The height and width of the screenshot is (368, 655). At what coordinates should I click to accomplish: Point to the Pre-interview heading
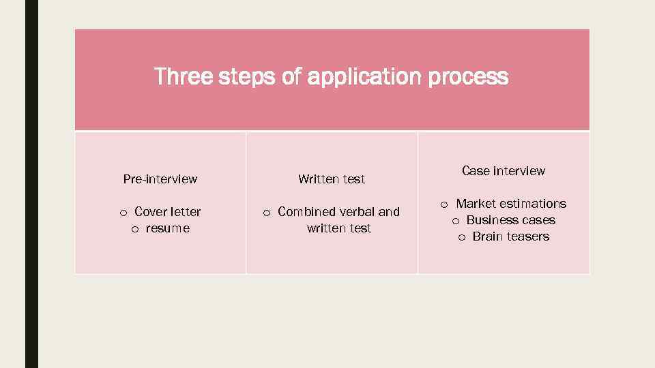coord(160,179)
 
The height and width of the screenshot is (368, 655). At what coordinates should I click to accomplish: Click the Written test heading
coord(332,179)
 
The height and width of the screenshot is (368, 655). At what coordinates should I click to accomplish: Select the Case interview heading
coord(504,171)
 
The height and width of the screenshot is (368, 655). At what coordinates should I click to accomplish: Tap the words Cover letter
coord(168,212)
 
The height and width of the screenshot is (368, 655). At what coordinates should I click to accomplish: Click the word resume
coord(168,228)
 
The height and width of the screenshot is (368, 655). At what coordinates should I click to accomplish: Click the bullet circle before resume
coord(135,229)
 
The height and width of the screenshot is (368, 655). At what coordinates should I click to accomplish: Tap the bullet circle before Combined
coord(267,213)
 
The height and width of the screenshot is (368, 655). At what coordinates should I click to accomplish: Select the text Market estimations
coord(511,204)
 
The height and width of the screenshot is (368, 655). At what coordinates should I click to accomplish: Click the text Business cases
coord(511,220)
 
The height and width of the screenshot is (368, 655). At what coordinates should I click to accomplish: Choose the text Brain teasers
coord(511,236)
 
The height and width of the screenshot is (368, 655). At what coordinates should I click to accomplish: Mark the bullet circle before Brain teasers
coord(462,237)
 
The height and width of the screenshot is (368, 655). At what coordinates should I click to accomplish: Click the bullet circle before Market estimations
coord(444,204)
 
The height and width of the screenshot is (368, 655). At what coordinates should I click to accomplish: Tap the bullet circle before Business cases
coord(456,221)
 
